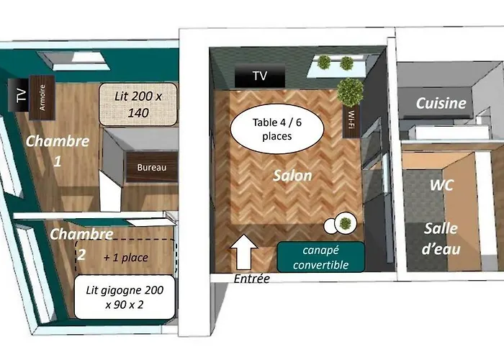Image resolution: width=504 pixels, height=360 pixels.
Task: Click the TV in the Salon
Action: (260, 76)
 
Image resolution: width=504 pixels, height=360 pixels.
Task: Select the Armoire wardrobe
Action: (42, 98)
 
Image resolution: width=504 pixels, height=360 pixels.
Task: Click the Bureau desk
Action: (152, 168)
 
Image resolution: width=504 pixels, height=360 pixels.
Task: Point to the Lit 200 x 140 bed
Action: (138, 104)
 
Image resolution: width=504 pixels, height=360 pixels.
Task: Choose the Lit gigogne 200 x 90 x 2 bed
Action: (125, 297)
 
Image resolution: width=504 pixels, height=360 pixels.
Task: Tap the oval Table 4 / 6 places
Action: (276, 129)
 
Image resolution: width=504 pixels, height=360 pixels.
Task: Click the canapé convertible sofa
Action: (321, 258)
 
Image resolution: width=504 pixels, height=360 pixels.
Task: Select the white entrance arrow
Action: (244, 252)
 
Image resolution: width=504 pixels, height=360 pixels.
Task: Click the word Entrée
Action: (252, 279)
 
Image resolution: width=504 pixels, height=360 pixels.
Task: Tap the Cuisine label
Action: (441, 104)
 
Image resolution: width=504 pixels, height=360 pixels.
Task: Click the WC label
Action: (441, 186)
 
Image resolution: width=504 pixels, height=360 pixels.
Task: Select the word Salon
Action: (292, 176)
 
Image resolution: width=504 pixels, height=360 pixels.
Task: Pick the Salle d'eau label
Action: (441, 239)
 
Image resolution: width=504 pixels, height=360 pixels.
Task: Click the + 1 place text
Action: (126, 258)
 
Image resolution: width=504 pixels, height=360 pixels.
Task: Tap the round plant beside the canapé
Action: (345, 222)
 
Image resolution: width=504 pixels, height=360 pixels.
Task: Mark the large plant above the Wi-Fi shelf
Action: (351, 91)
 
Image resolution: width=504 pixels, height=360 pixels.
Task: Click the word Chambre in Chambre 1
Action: (58, 141)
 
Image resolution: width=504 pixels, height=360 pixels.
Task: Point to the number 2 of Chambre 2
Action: (81, 255)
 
